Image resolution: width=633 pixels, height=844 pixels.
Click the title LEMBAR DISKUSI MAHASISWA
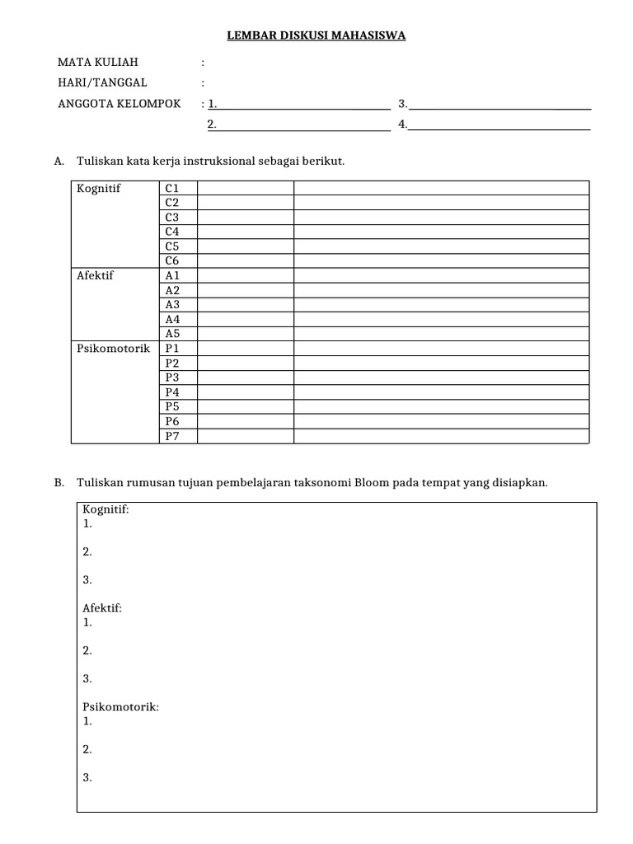[316, 35]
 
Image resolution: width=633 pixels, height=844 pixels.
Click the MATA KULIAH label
[98, 62]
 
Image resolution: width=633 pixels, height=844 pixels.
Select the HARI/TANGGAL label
[102, 82]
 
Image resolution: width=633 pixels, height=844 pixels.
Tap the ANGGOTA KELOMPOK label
[119, 104]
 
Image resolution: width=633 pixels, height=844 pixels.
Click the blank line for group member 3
[499, 105]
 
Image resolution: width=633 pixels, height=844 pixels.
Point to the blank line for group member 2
[303, 125]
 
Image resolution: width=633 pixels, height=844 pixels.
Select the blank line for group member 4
[499, 125]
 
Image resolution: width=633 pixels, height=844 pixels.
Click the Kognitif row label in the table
[99, 189]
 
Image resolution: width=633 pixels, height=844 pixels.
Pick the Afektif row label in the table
[96, 275]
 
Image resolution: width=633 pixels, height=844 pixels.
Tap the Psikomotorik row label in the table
[114, 349]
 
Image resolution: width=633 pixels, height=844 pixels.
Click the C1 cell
[172, 189]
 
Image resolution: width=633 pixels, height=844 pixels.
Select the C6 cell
[172, 260]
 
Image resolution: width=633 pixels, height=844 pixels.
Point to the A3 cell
[172, 304]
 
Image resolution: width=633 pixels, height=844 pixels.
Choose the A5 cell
[172, 334]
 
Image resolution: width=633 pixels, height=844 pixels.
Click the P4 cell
[172, 392]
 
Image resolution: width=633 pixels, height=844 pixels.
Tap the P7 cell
[172, 436]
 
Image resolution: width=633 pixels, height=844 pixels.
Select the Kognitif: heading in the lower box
[105, 509]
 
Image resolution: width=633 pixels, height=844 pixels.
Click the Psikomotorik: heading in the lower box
[121, 706]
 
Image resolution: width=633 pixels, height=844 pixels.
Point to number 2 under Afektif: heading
[87, 650]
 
